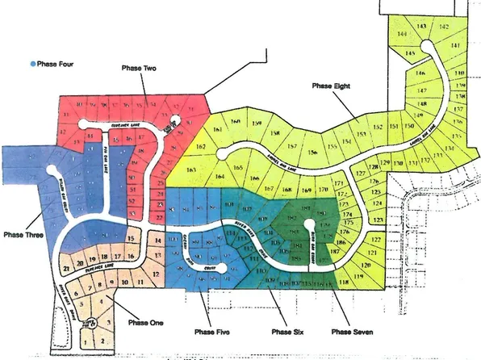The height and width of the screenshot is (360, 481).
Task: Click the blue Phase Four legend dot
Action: point(32,62)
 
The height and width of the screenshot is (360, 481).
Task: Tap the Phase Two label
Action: point(138,69)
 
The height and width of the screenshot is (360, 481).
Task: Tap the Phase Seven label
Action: point(351,331)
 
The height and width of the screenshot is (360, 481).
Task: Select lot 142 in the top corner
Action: point(443,27)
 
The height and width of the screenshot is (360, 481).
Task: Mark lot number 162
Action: point(200,148)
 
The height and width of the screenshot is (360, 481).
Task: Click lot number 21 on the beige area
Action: point(66,268)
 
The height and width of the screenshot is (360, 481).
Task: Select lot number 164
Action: point(219,174)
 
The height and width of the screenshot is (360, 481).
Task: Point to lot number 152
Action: point(377,128)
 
